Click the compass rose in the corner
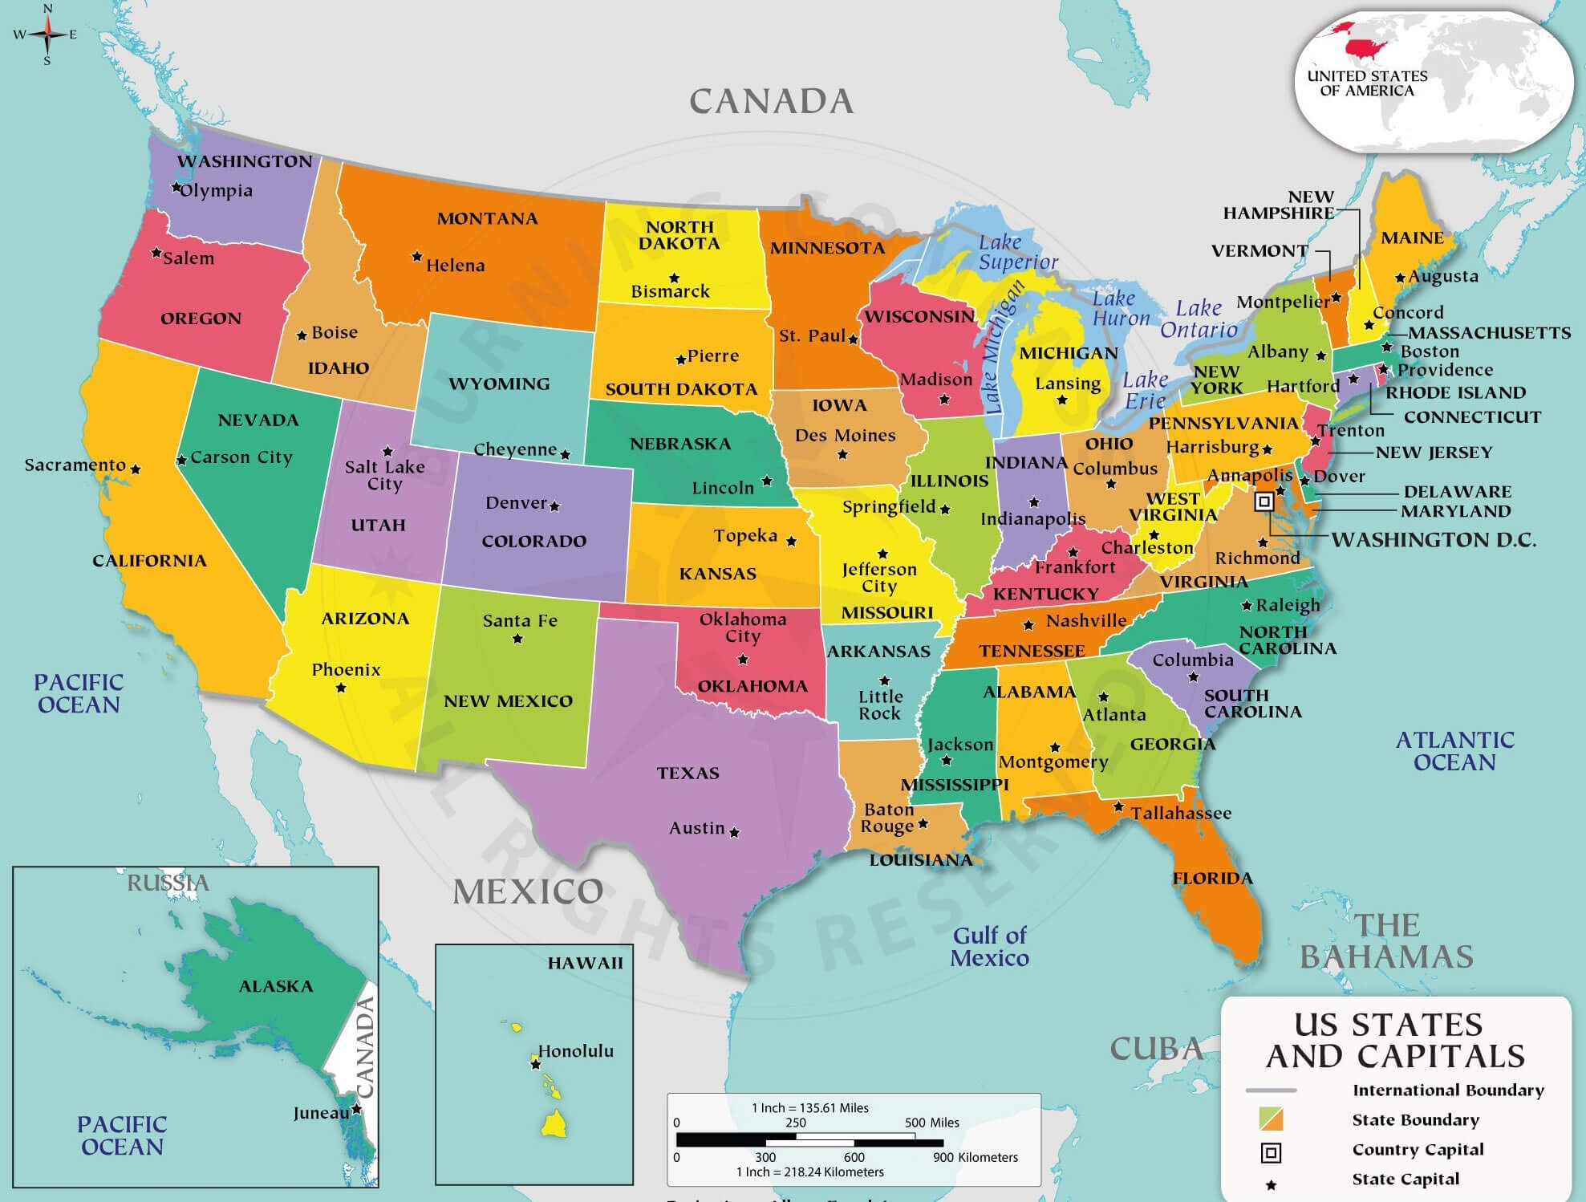click(x=47, y=34)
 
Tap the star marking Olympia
click(x=176, y=187)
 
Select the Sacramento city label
click(x=75, y=465)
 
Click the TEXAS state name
click(x=688, y=773)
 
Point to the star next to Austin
click(x=734, y=832)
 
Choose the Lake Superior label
click(x=1016, y=252)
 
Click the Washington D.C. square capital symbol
click(x=1264, y=502)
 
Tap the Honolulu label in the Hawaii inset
click(x=575, y=1050)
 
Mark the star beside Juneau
click(x=356, y=1109)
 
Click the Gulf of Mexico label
click(x=989, y=946)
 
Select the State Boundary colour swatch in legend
click(x=1271, y=1119)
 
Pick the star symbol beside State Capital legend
click(x=1271, y=1185)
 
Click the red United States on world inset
click(x=1366, y=47)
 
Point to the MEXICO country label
click(x=528, y=891)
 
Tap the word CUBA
click(x=1156, y=1048)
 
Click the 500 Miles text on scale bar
click(x=931, y=1123)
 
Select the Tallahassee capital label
click(x=1181, y=813)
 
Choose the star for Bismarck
click(x=674, y=278)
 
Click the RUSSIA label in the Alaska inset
click(x=168, y=883)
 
